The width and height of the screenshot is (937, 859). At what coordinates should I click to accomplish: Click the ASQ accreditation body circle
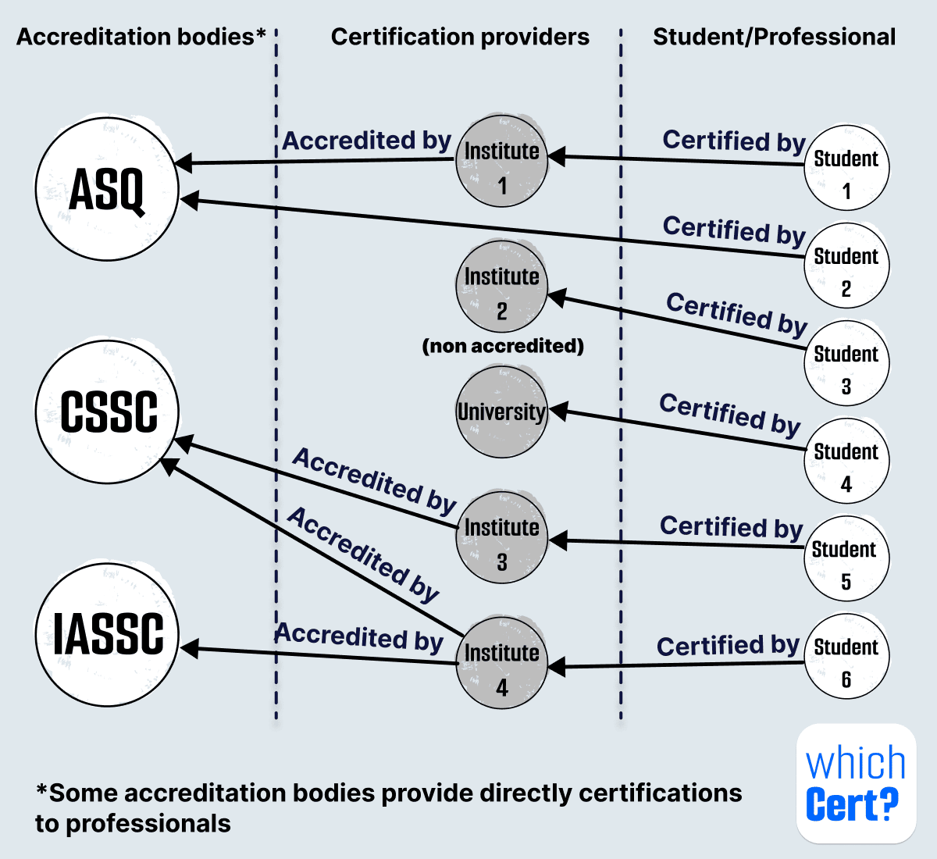click(x=107, y=189)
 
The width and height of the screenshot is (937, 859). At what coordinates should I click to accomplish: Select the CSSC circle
click(x=107, y=412)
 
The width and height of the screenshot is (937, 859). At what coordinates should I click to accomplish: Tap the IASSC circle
click(x=107, y=634)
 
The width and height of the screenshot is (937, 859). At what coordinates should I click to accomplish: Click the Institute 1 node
click(x=501, y=162)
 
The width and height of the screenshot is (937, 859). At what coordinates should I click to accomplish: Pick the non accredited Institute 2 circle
click(x=501, y=287)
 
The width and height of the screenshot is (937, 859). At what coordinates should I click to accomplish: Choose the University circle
click(x=501, y=412)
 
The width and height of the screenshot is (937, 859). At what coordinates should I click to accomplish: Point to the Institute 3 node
click(x=501, y=537)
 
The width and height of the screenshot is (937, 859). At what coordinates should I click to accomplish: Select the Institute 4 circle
click(x=501, y=663)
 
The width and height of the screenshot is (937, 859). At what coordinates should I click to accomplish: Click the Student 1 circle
click(x=846, y=168)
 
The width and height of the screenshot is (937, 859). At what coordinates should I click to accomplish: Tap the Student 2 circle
click(x=846, y=266)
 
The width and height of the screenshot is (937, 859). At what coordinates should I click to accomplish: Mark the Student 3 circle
click(x=846, y=363)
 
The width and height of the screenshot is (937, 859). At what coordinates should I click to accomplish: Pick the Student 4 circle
click(x=846, y=461)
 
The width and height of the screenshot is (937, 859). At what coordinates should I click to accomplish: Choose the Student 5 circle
click(x=846, y=558)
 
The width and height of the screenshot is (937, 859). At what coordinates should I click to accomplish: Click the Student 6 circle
click(x=846, y=656)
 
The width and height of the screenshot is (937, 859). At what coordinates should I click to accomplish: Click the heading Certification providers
click(x=460, y=37)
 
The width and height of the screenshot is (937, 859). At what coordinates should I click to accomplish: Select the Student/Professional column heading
click(x=774, y=37)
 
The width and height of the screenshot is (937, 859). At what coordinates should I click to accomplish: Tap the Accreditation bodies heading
click(x=141, y=37)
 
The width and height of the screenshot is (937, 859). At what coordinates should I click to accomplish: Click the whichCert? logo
click(x=856, y=783)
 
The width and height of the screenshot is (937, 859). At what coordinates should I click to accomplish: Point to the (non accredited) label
click(x=503, y=346)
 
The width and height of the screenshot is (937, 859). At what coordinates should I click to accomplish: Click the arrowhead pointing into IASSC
click(x=189, y=649)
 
